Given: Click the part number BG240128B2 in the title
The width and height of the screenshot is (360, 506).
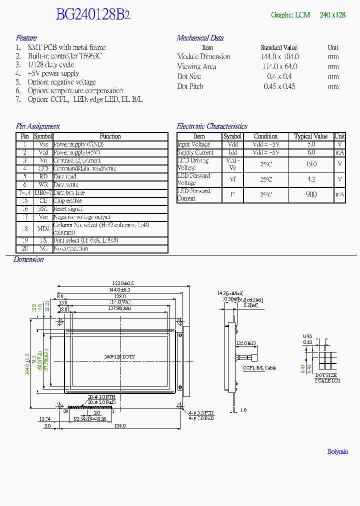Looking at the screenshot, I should [x=93, y=15].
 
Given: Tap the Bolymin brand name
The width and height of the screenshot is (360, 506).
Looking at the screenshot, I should [x=337, y=451].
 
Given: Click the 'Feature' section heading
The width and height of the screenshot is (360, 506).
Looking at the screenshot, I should [x=26, y=38].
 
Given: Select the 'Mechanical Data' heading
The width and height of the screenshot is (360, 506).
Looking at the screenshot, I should [x=200, y=38].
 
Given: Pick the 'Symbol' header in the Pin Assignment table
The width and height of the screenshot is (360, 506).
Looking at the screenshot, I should [x=43, y=136].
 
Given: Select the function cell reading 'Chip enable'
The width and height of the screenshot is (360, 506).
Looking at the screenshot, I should [x=67, y=201].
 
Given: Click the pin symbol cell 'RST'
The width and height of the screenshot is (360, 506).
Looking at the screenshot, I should [x=43, y=209].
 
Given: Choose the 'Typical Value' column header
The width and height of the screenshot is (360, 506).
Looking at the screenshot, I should [x=311, y=136].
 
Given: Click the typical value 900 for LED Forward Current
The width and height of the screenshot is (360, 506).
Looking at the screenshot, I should [x=311, y=194].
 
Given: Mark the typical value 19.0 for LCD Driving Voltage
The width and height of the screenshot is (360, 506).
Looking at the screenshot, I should [x=311, y=164].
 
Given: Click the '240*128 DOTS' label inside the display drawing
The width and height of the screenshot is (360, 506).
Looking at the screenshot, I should [x=119, y=356].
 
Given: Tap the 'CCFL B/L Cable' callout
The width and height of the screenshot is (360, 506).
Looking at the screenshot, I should [x=259, y=368].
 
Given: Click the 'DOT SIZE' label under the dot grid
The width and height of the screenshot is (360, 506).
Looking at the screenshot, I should [x=326, y=374].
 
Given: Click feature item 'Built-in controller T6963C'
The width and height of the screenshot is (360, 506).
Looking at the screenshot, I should [x=65, y=56].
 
